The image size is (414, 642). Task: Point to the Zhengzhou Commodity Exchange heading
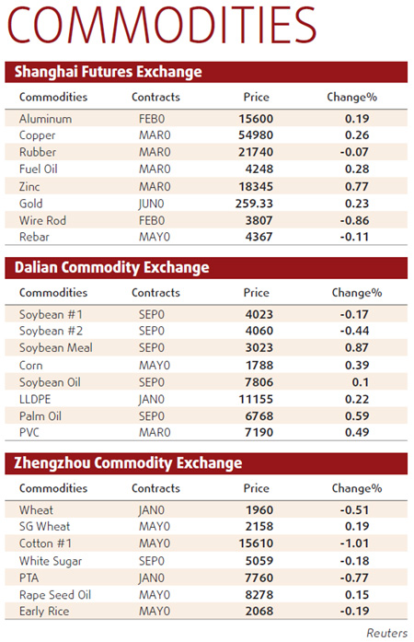[x=124, y=462]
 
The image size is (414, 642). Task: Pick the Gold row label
[x=31, y=204]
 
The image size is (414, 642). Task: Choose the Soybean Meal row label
[x=55, y=348]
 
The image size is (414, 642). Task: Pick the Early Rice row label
[x=45, y=612]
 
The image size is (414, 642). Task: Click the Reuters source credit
[x=386, y=632]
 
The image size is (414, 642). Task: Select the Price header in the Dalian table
[x=257, y=293]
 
